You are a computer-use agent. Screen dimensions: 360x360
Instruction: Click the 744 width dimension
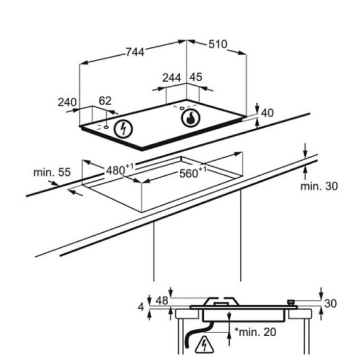(x=136, y=52)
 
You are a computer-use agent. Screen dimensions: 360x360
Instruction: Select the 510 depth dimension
(x=218, y=44)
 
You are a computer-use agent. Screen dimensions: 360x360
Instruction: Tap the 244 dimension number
(x=172, y=78)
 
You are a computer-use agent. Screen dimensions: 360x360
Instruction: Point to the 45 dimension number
(x=196, y=77)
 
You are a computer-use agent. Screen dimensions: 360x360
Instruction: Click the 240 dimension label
(x=67, y=102)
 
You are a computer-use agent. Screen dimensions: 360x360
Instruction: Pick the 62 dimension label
(x=105, y=101)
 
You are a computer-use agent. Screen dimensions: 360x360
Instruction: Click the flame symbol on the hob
(x=191, y=118)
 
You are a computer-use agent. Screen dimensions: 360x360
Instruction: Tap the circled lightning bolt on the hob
(x=124, y=129)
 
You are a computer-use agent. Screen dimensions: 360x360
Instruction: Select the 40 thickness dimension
(x=268, y=113)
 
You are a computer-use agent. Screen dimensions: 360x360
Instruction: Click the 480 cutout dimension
(x=119, y=170)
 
